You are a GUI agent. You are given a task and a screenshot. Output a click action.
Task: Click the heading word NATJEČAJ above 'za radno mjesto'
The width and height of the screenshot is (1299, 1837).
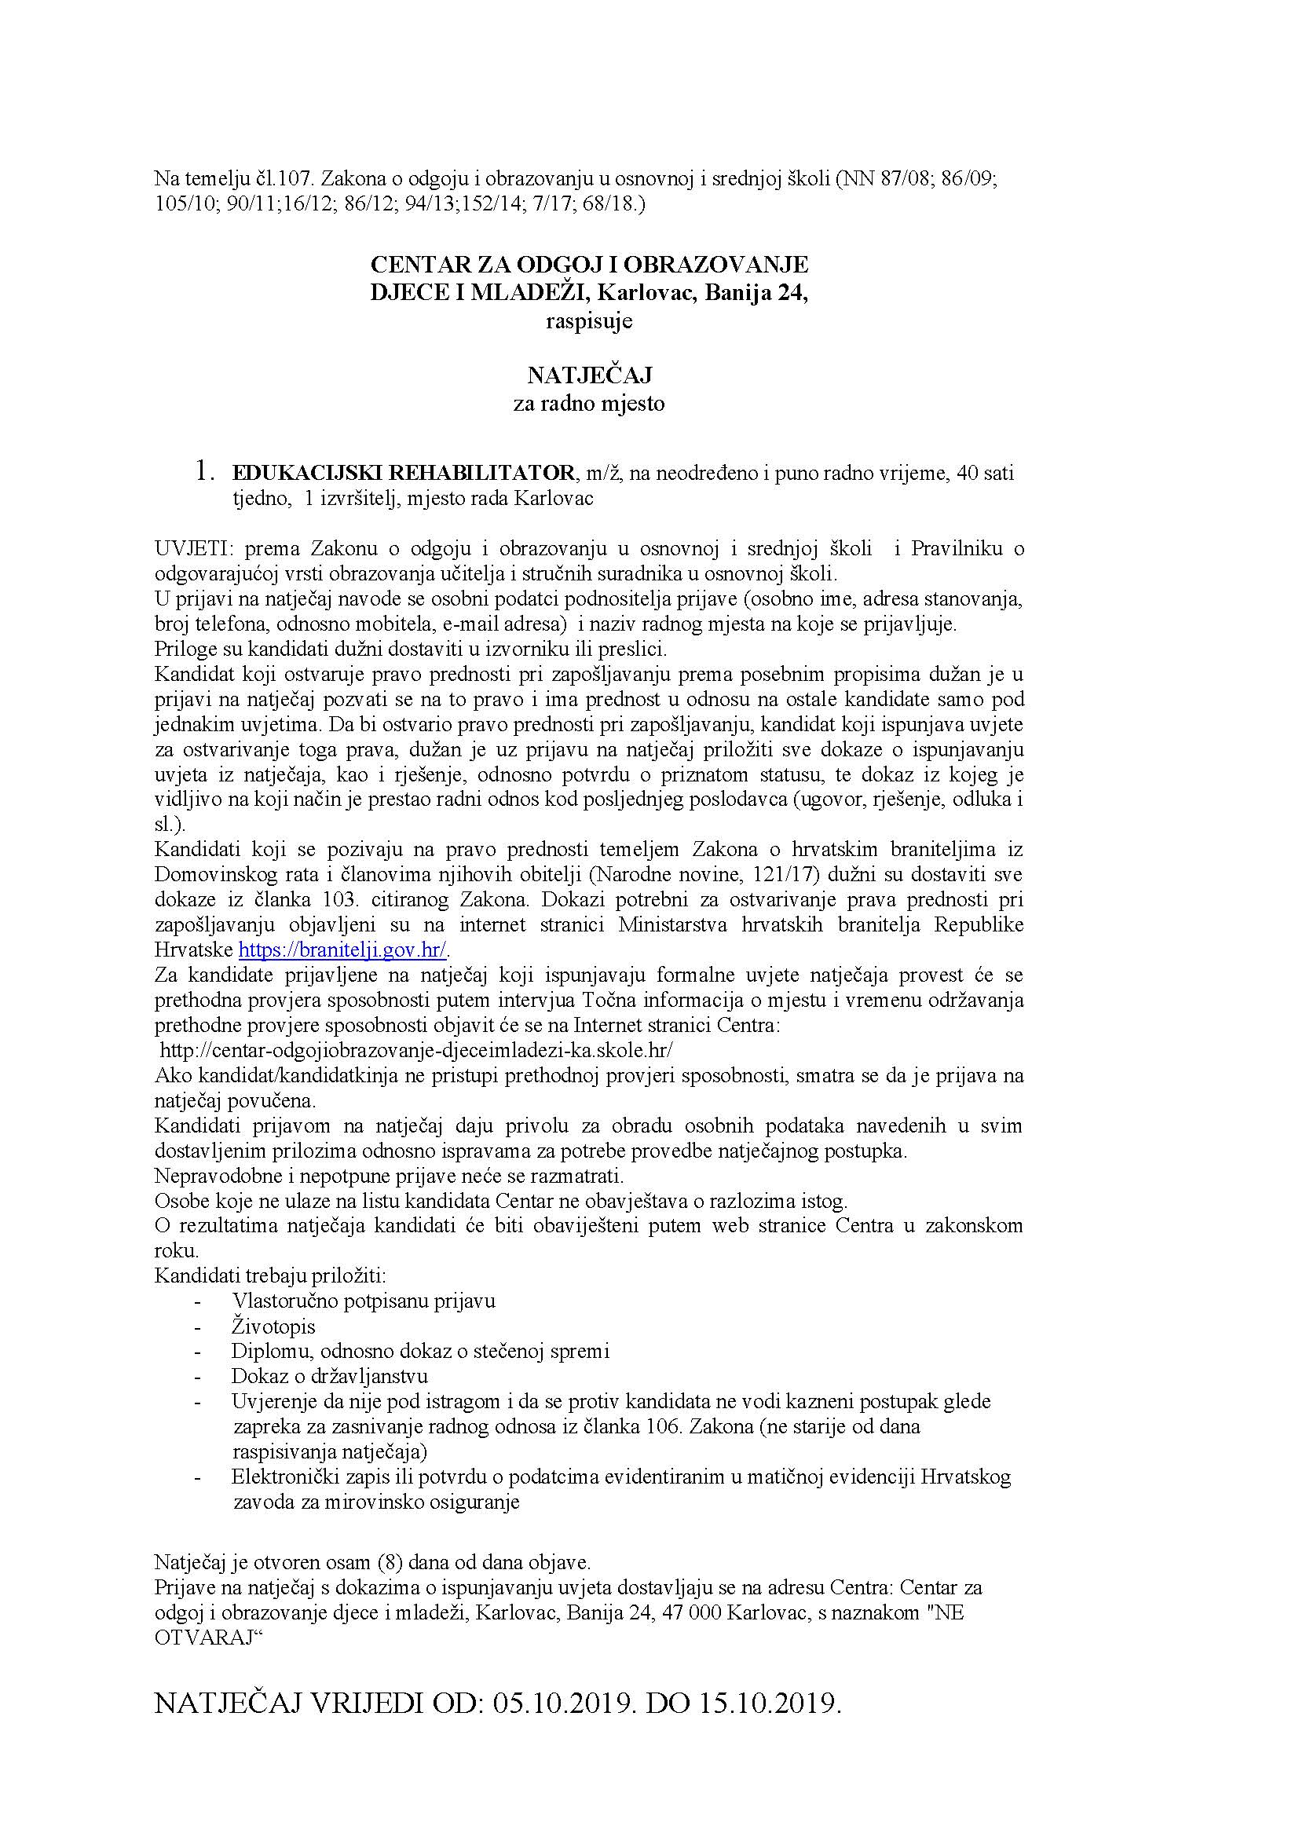tap(589, 375)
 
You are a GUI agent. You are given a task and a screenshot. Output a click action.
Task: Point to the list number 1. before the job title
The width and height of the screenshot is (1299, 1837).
tap(205, 472)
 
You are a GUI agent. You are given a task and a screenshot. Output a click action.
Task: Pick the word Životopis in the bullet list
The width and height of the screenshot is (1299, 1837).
tap(273, 1327)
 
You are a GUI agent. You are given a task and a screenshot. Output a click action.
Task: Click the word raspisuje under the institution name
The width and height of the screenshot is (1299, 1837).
tap(589, 322)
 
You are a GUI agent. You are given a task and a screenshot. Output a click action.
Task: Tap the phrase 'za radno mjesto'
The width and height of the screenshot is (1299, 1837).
tap(589, 404)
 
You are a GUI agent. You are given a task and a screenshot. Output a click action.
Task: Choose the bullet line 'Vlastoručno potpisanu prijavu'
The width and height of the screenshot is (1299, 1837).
tap(363, 1301)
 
